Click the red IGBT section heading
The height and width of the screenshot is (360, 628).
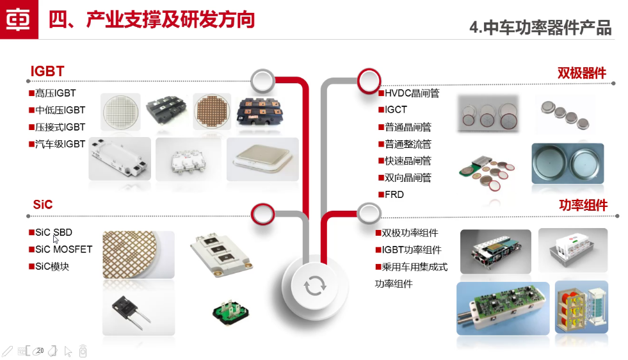tap(47, 71)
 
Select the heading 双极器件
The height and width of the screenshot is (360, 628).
tap(581, 73)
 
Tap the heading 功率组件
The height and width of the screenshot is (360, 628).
tap(583, 205)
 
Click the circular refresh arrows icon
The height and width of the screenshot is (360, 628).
tap(315, 286)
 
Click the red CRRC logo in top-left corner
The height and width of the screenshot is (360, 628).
tap(19, 19)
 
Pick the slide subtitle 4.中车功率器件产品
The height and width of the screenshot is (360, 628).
tap(540, 28)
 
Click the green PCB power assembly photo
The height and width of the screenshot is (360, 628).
tap(503, 308)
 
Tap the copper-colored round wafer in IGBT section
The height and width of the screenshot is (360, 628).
tap(212, 111)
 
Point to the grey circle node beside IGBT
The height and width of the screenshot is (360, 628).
tap(262, 81)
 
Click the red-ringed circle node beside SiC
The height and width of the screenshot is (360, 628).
tap(262, 214)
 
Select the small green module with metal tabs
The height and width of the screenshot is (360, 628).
tap(230, 311)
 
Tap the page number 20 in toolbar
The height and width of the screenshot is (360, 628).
tap(40, 350)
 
